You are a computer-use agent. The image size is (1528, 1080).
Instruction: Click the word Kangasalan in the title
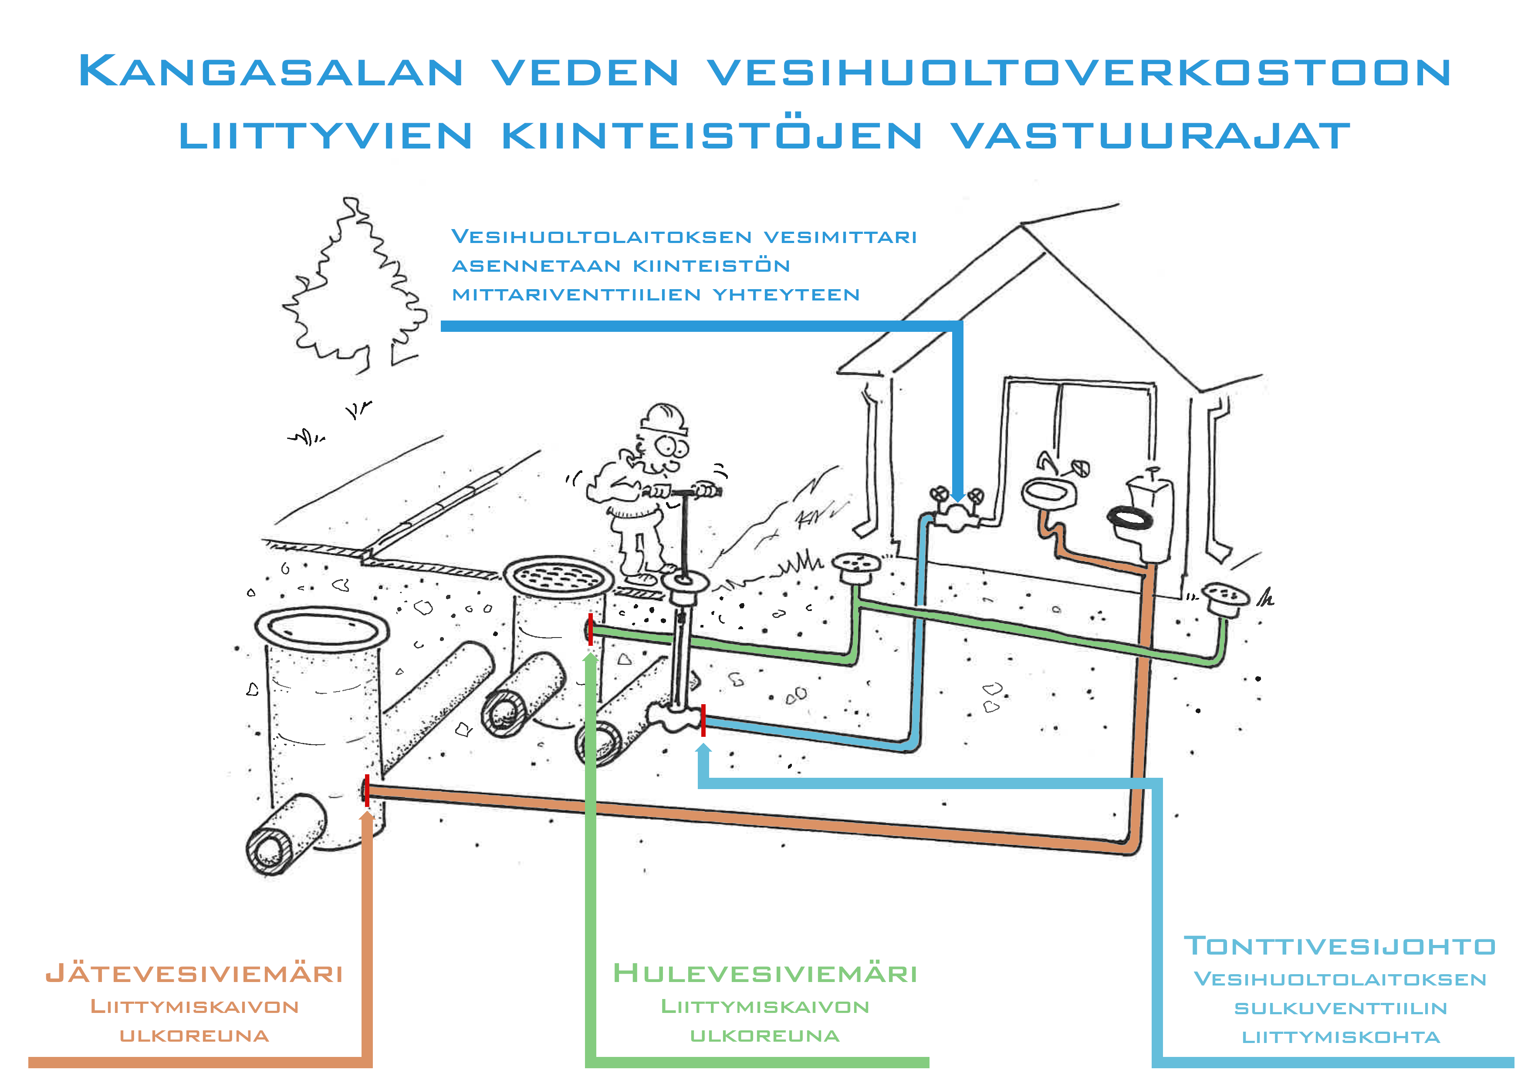270,71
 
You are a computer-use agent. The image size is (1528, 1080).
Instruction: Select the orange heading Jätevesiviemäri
194,974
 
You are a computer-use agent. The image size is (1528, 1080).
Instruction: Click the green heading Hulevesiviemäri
765,974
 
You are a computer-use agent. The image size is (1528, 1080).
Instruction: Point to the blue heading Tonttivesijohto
1340,945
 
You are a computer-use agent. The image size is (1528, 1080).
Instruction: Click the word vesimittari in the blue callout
840,237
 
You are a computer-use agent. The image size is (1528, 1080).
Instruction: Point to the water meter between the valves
957,515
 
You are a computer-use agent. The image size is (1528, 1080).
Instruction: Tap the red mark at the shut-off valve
703,720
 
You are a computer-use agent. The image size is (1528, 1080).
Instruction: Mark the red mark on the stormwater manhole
590,629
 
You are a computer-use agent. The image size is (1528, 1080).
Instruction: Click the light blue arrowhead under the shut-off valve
703,749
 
